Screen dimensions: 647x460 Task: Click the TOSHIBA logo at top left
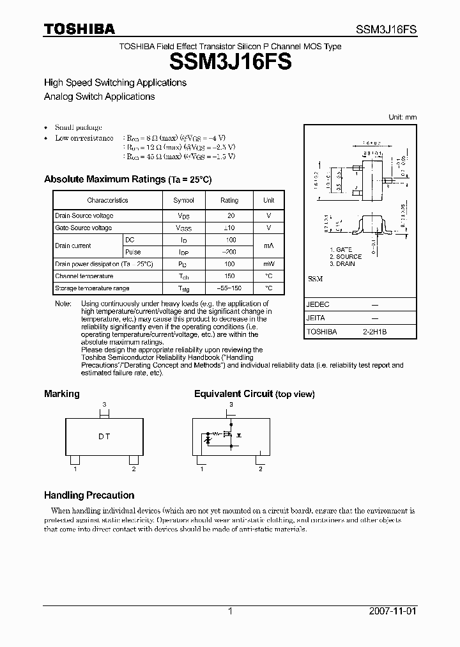(79, 29)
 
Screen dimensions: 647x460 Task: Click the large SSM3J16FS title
(231, 62)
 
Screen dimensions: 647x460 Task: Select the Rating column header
(229, 200)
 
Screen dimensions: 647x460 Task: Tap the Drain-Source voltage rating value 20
(231, 216)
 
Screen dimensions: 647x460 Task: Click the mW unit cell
(269, 263)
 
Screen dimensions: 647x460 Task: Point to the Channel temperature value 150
(231, 276)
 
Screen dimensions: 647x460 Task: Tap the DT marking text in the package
(104, 437)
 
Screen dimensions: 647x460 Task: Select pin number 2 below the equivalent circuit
(260, 469)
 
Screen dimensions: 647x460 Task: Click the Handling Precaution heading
(89, 495)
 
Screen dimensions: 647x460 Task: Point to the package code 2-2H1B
(375, 332)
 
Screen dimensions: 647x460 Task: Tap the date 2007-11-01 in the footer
(393, 611)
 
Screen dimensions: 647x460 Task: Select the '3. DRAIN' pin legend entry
(342, 263)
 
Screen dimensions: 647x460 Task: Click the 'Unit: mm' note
(402, 117)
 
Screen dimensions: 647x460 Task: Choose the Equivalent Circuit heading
(233, 394)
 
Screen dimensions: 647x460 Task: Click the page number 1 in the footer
(230, 611)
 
